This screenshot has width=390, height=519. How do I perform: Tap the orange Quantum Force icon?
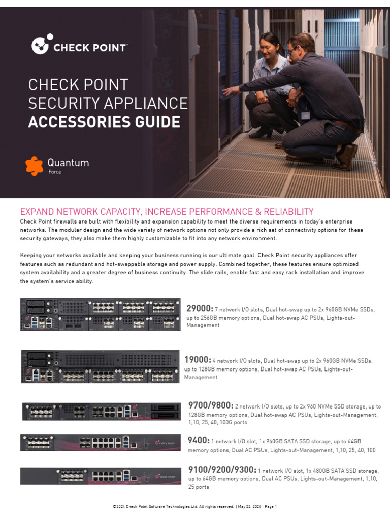point(35,166)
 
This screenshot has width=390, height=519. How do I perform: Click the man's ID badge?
point(305,115)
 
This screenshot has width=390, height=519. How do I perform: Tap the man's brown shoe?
point(347,157)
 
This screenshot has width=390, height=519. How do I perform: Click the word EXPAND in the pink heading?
point(37,212)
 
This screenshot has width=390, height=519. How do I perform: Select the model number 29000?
point(200,309)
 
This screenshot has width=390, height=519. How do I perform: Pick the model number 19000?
point(197,360)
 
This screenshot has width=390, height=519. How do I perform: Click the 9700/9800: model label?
point(210,405)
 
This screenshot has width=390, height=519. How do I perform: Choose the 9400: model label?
point(198,440)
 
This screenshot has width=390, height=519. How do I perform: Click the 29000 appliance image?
point(100,315)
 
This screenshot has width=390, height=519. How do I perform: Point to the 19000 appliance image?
point(100,366)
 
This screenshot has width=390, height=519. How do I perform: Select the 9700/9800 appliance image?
point(101,412)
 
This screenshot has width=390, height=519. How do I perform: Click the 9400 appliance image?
point(100,442)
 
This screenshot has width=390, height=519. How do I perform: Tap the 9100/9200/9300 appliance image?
point(100,476)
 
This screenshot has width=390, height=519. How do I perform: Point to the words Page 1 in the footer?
point(270,507)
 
